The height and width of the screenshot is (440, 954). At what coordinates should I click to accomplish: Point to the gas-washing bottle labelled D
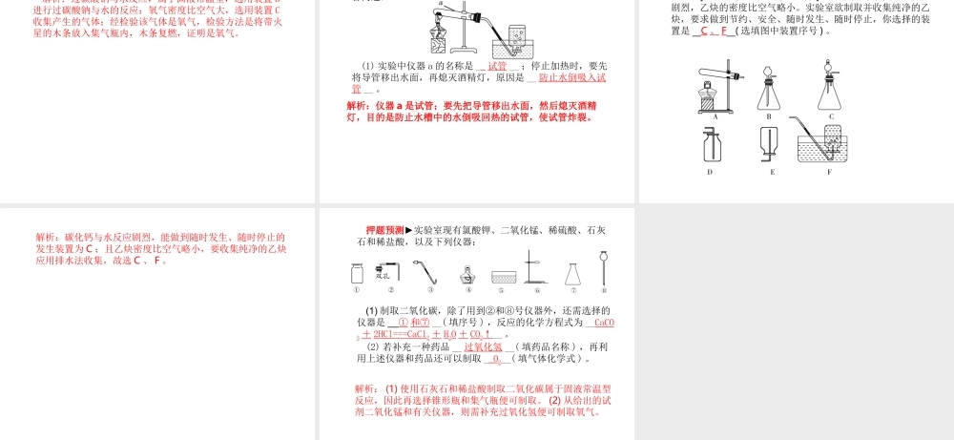pos(712,147)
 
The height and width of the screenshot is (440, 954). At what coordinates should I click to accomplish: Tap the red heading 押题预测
pos(384,230)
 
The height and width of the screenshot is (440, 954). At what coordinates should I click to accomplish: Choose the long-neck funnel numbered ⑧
pos(603,266)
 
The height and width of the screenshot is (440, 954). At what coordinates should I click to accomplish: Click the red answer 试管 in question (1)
pos(497,66)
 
